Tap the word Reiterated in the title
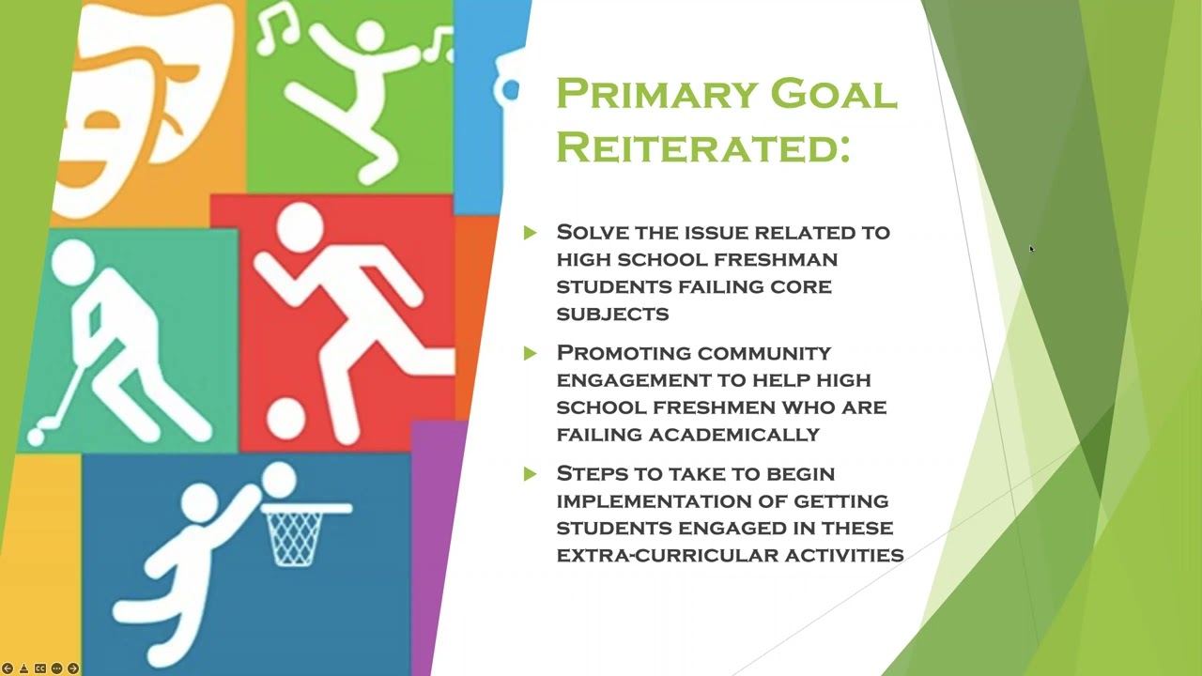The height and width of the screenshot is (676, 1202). (x=702, y=146)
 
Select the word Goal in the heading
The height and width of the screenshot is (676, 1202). (x=833, y=94)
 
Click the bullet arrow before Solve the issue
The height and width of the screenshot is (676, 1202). (x=531, y=232)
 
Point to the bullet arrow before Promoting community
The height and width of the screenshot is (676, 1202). (x=531, y=353)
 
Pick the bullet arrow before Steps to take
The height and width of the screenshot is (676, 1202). (x=531, y=474)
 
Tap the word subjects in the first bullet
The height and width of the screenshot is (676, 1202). (x=612, y=314)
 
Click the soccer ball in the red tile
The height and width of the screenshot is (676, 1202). (x=285, y=419)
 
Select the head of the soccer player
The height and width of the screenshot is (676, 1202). (x=300, y=226)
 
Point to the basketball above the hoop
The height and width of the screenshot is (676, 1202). (x=279, y=481)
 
